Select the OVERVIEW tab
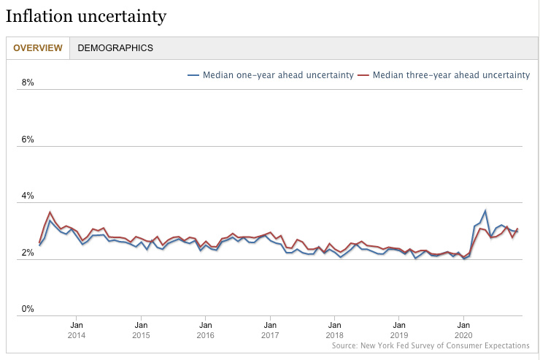point(38,48)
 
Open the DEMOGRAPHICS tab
point(115,48)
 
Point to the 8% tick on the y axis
point(28,83)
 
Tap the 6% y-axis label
point(28,139)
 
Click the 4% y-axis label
point(28,196)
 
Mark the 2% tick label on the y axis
point(28,253)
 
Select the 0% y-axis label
point(28,309)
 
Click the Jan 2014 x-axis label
point(77,330)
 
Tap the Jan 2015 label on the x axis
point(141,330)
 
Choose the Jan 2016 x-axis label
point(205,330)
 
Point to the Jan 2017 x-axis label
point(270,330)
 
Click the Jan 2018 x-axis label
point(334,330)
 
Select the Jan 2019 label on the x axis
point(398,330)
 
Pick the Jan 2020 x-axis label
point(463,330)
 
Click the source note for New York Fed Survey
point(430,345)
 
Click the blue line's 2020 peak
point(485,210)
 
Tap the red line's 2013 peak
point(50,212)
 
